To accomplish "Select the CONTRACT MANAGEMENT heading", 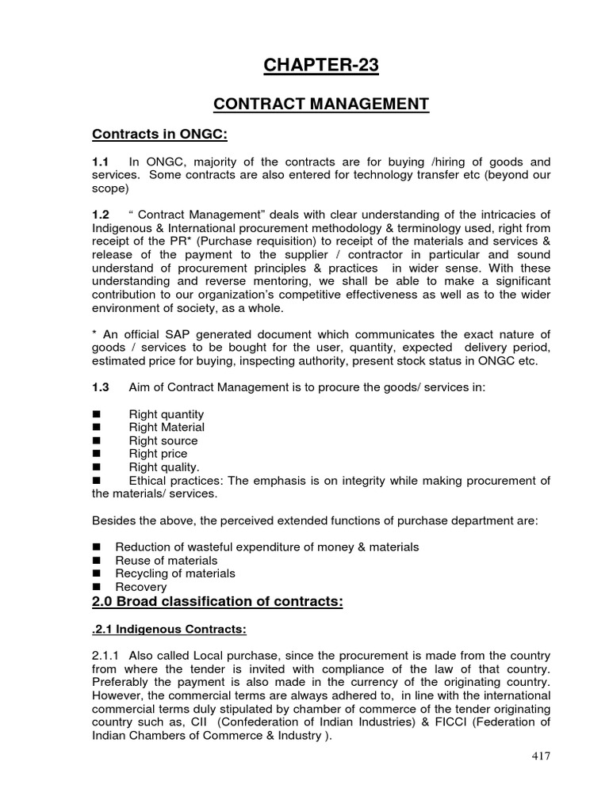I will pyautogui.click(x=322, y=105).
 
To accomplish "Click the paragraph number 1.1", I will pyautogui.click(x=101, y=161).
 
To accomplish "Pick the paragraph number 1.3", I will pyautogui.click(x=101, y=387).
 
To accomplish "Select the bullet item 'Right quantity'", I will pyautogui.click(x=167, y=414).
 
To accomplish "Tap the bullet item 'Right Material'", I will pyautogui.click(x=167, y=428).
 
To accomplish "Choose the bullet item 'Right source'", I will pyautogui.click(x=163, y=441).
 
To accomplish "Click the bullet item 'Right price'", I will pyautogui.click(x=159, y=454).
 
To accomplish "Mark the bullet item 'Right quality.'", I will pyautogui.click(x=164, y=467).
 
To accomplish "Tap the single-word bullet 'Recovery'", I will pyautogui.click(x=141, y=587).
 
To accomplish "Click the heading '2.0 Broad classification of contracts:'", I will pyautogui.click(x=218, y=602).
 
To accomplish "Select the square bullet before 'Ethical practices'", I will pyautogui.click(x=98, y=481).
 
